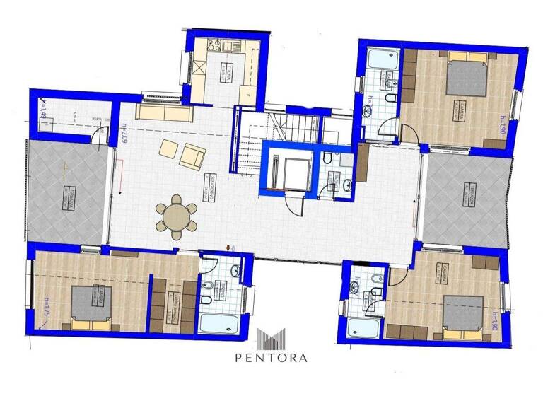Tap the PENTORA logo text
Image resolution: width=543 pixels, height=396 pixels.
(x=272, y=357)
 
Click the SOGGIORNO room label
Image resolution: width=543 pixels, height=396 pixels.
(x=210, y=186)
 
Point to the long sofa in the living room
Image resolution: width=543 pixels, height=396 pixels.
(x=164, y=113)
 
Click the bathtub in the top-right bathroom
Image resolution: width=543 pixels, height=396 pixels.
(x=381, y=57)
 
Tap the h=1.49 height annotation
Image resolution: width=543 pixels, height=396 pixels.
(x=42, y=112)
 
